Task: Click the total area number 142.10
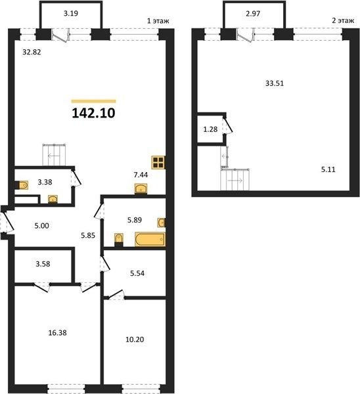point(93,113)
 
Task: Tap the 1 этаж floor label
point(158,20)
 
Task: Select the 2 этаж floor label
point(343,20)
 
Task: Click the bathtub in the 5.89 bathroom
point(150,239)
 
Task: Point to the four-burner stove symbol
point(158,162)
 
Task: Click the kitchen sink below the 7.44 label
point(141,188)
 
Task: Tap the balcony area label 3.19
point(71,13)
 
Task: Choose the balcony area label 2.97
point(253,14)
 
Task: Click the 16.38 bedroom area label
point(57,333)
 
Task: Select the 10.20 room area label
point(135,339)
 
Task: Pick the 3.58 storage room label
point(43,264)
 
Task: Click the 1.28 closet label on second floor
point(210,129)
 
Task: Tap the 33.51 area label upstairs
point(275,83)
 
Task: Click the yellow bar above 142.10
point(93,102)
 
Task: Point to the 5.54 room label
point(137,273)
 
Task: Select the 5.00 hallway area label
point(42,226)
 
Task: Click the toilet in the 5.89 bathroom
point(119,239)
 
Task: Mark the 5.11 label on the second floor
point(328,169)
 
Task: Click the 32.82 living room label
point(32,52)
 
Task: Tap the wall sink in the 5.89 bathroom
point(162,223)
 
